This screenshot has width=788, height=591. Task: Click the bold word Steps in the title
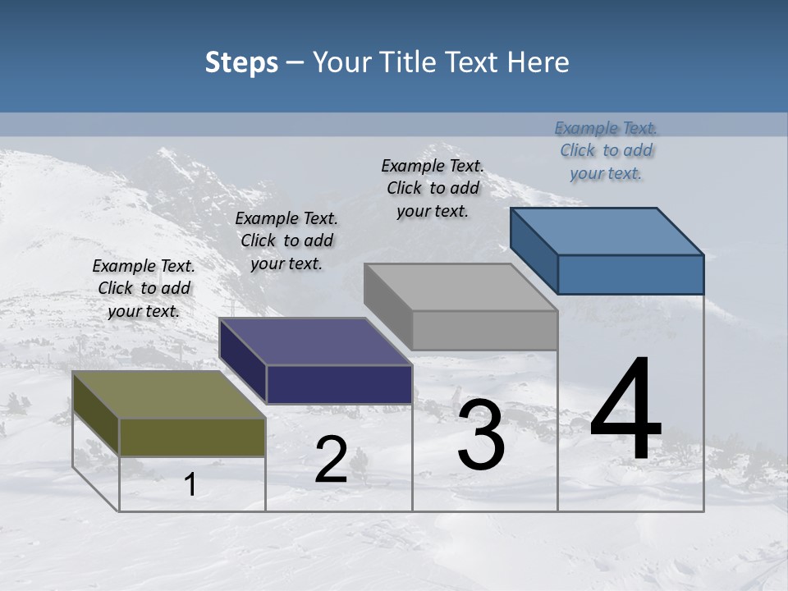pos(241,62)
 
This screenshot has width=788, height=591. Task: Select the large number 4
pos(625,410)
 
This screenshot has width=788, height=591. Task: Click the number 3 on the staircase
pos(481,435)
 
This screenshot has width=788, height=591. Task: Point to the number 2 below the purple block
pos(331,460)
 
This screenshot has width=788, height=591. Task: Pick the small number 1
pos(190,485)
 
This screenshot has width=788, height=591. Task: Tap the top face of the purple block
pos(315,341)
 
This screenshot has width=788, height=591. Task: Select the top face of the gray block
pos(460,287)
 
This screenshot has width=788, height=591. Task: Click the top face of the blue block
pos(607,231)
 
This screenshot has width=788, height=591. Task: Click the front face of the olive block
pos(192,437)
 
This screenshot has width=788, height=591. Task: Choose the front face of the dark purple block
pos(339,384)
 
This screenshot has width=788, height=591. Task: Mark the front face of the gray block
pos(484,330)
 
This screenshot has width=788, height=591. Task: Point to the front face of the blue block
pos(630,274)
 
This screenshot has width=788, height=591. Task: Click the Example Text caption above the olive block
pos(144,288)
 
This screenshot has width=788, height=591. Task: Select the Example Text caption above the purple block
pos(286,241)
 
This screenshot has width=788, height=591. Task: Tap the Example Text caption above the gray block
pos(433,188)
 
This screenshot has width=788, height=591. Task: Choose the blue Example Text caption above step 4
pos(606,150)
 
